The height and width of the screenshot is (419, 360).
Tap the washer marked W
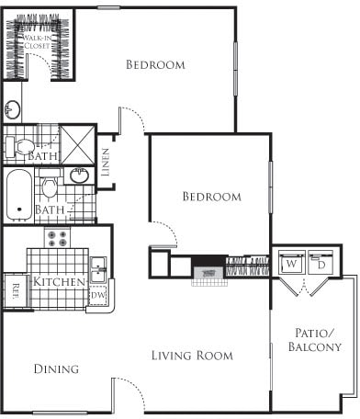pyautogui.click(x=290, y=263)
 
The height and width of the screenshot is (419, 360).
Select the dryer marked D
pyautogui.click(x=321, y=263)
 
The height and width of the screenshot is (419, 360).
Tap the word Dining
pyautogui.click(x=56, y=368)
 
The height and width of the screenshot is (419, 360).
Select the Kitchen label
pyautogui.click(x=61, y=281)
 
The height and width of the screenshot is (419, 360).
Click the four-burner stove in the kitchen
pyautogui.click(x=58, y=239)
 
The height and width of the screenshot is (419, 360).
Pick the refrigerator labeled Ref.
pyautogui.click(x=16, y=287)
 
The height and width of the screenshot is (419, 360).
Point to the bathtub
pyautogui.click(x=17, y=194)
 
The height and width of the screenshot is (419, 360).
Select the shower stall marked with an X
pyautogui.click(x=79, y=145)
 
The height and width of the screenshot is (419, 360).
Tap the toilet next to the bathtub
pyautogui.click(x=51, y=188)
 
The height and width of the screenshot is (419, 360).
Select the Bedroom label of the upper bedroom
pyautogui.click(x=155, y=65)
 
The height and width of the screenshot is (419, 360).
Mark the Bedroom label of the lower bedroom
pyautogui.click(x=211, y=197)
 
